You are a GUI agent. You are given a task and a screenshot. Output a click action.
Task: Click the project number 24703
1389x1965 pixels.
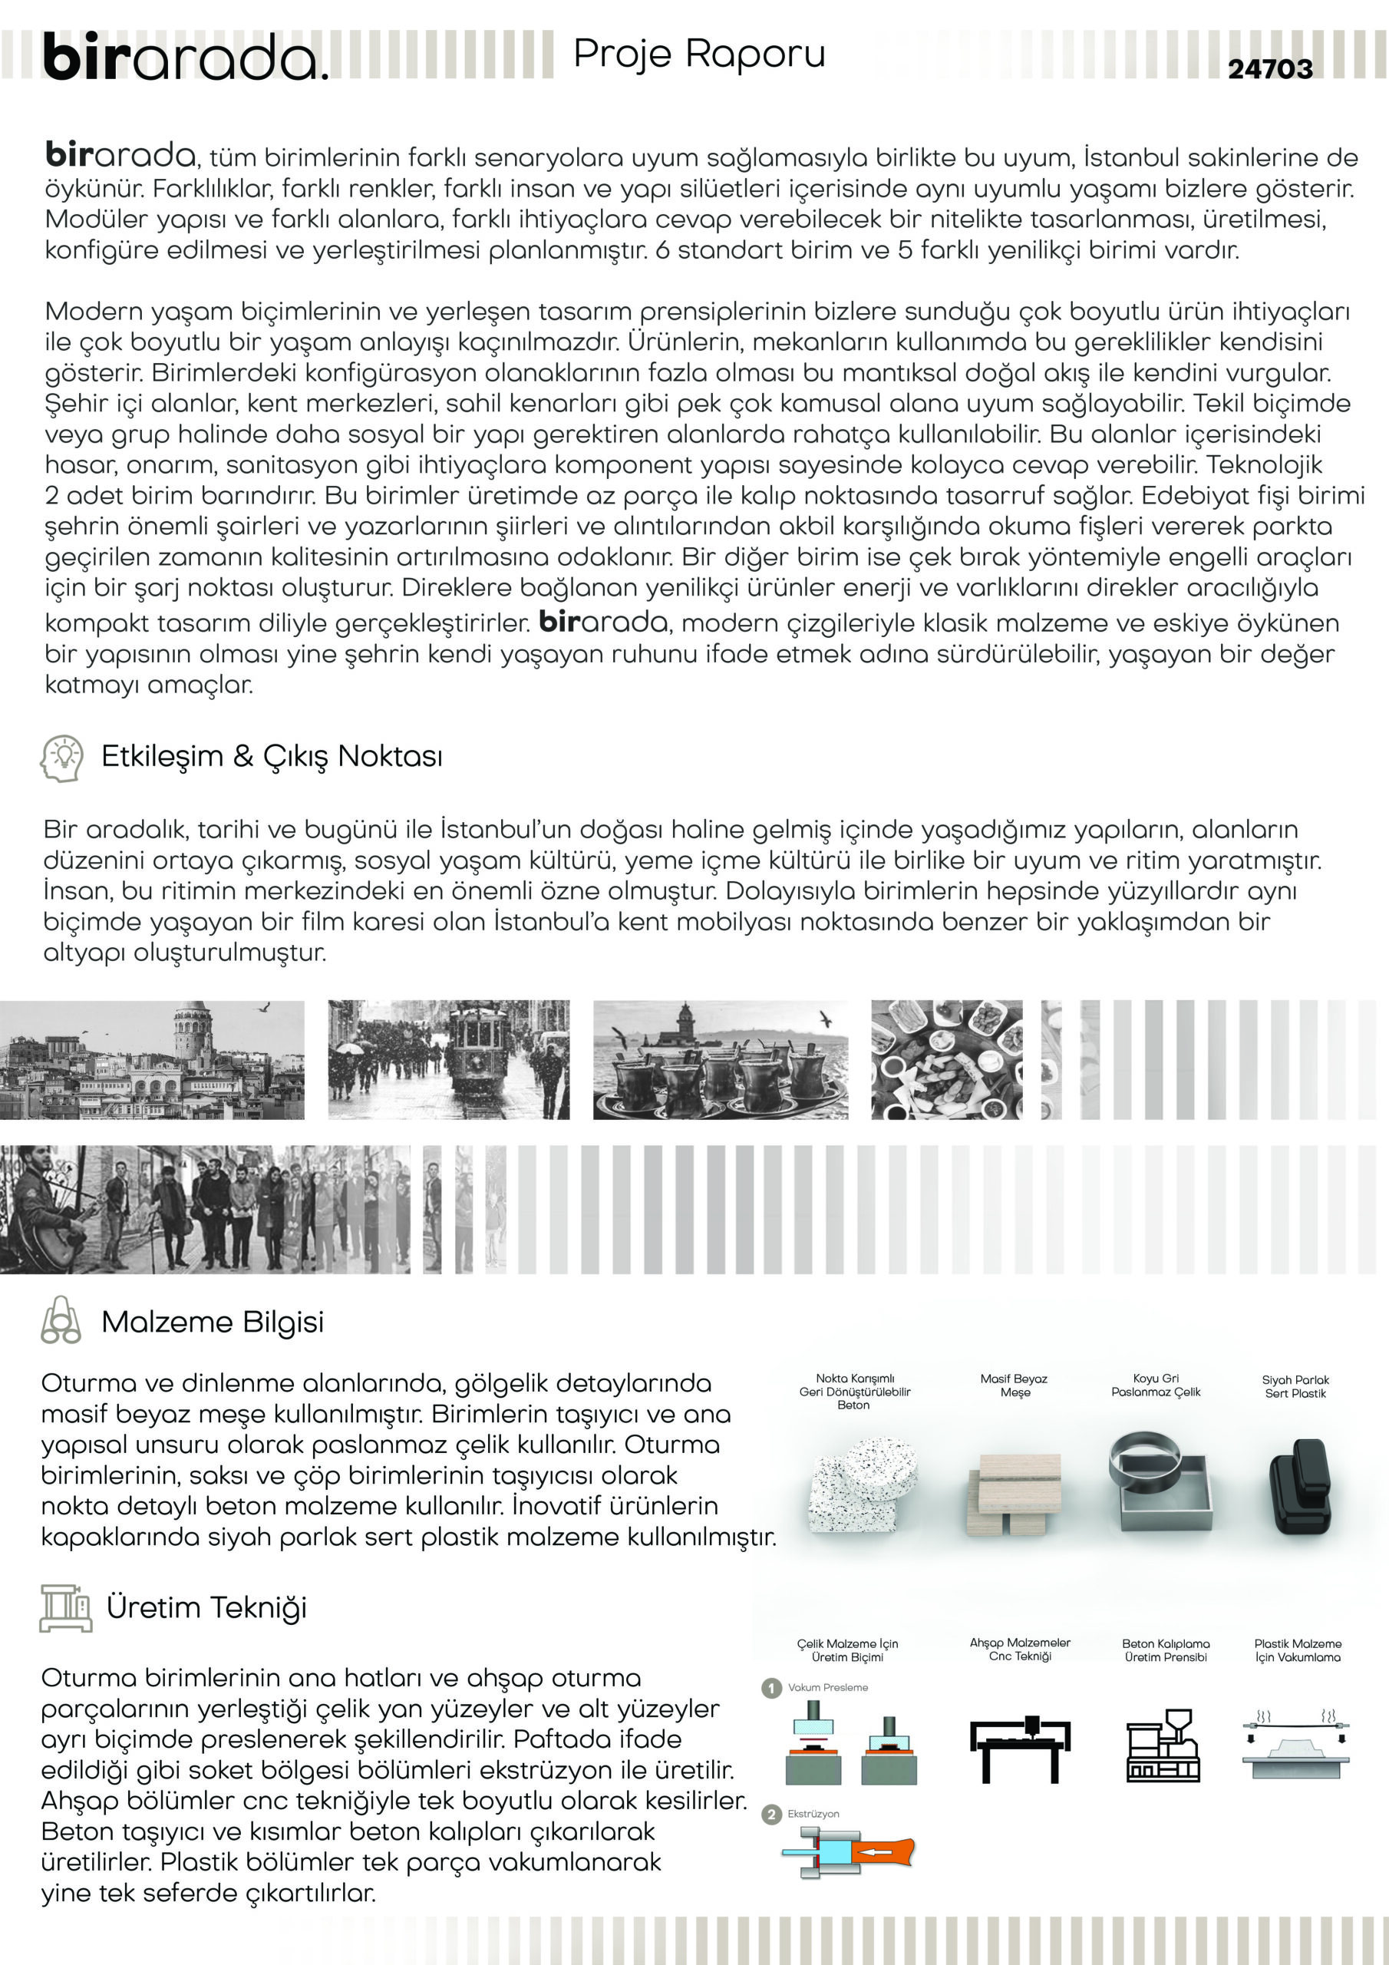tap(1270, 68)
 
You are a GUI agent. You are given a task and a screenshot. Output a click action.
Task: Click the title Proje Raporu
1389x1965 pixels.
tap(699, 54)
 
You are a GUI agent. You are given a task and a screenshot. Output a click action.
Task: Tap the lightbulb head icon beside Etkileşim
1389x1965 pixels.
tap(61, 758)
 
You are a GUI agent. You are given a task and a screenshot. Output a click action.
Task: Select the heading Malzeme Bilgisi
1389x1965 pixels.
tap(213, 1322)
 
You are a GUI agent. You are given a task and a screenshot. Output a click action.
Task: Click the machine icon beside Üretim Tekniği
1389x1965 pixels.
tap(65, 1607)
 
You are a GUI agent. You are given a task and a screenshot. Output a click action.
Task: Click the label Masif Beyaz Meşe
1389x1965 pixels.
tap(1015, 1385)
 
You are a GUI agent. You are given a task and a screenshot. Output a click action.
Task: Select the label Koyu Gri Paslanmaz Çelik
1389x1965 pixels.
tap(1156, 1385)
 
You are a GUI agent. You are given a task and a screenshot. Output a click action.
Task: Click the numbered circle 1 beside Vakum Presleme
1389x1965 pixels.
tap(771, 1688)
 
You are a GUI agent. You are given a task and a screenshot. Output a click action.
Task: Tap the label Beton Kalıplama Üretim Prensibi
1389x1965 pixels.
tap(1166, 1650)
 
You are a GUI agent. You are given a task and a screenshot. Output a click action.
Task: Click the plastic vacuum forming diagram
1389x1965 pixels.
tap(1295, 1746)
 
